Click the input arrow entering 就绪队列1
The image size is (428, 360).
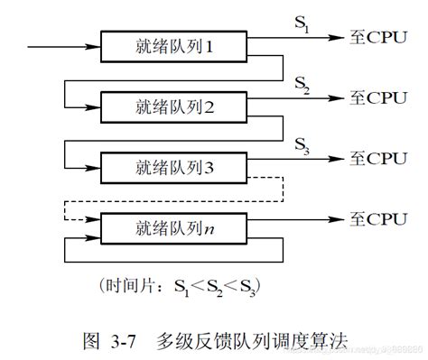click(63, 44)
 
